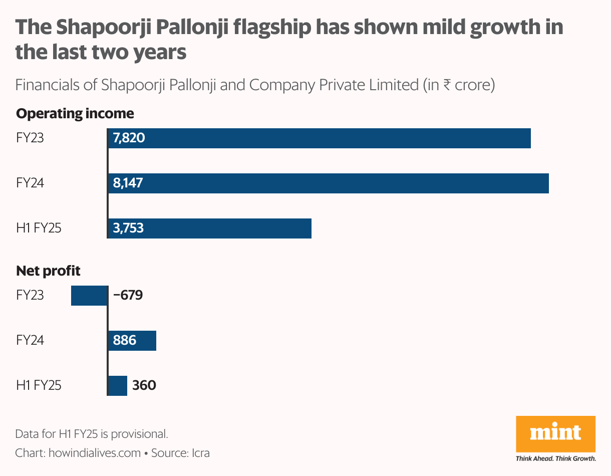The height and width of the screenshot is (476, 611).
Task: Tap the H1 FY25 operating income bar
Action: pyautogui.click(x=225, y=228)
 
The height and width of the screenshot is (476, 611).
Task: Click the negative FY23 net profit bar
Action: pyautogui.click(x=89, y=295)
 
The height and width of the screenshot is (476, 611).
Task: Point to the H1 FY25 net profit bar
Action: pyautogui.click(x=118, y=385)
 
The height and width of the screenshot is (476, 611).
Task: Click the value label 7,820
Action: pyautogui.click(x=129, y=138)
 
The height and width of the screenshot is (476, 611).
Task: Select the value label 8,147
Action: pyautogui.click(x=128, y=183)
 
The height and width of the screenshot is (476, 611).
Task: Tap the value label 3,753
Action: pyautogui.click(x=129, y=228)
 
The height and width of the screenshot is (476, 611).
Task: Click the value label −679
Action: pyautogui.click(x=128, y=295)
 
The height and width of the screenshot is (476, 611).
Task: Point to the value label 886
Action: pyautogui.click(x=125, y=340)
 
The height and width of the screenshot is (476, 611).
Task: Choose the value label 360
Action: pyautogui.click(x=144, y=385)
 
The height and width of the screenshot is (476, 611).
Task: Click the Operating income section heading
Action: pyautogui.click(x=75, y=113)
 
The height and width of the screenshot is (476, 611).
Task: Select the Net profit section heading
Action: pyautogui.click(x=48, y=271)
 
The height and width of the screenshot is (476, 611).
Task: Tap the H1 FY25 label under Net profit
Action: pyautogui.click(x=39, y=385)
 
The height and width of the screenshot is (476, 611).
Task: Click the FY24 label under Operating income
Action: pyautogui.click(x=30, y=183)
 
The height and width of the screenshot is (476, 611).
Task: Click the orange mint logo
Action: pyautogui.click(x=555, y=433)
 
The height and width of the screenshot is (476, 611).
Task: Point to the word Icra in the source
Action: pyautogui.click(x=200, y=453)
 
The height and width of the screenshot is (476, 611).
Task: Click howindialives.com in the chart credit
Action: pyautogui.click(x=95, y=453)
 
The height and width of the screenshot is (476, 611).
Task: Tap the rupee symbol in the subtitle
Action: pyautogui.click(x=447, y=85)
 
